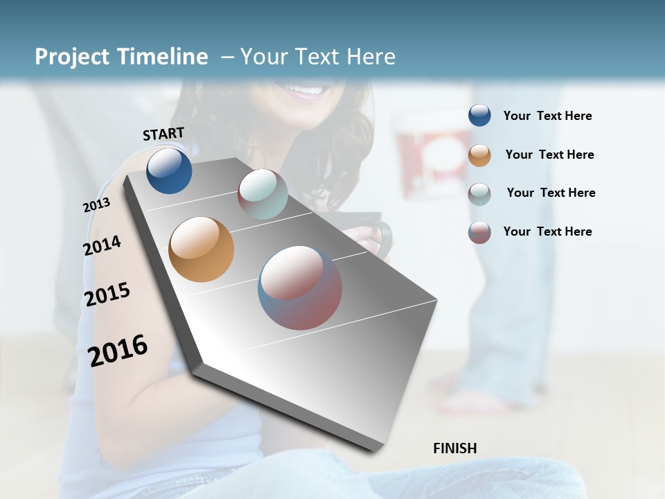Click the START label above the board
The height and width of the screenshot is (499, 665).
(163, 134)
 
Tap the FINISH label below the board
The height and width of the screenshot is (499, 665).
(454, 448)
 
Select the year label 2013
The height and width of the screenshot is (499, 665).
(96, 205)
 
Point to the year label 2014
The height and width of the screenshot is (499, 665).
(102, 245)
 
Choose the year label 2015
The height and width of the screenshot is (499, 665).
(107, 295)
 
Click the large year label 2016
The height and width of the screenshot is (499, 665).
(118, 350)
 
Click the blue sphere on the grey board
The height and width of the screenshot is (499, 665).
(169, 170)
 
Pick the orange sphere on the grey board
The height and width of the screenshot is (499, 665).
(201, 249)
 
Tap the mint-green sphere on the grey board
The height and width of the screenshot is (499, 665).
(263, 194)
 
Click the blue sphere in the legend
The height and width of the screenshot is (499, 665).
(479, 115)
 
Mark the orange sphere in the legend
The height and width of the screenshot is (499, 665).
(479, 155)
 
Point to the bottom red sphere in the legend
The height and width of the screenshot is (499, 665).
(479, 232)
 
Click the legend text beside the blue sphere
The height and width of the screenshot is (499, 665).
(547, 116)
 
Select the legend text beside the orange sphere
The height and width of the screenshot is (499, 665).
(549, 155)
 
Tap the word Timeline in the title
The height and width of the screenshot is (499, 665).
(162, 57)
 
